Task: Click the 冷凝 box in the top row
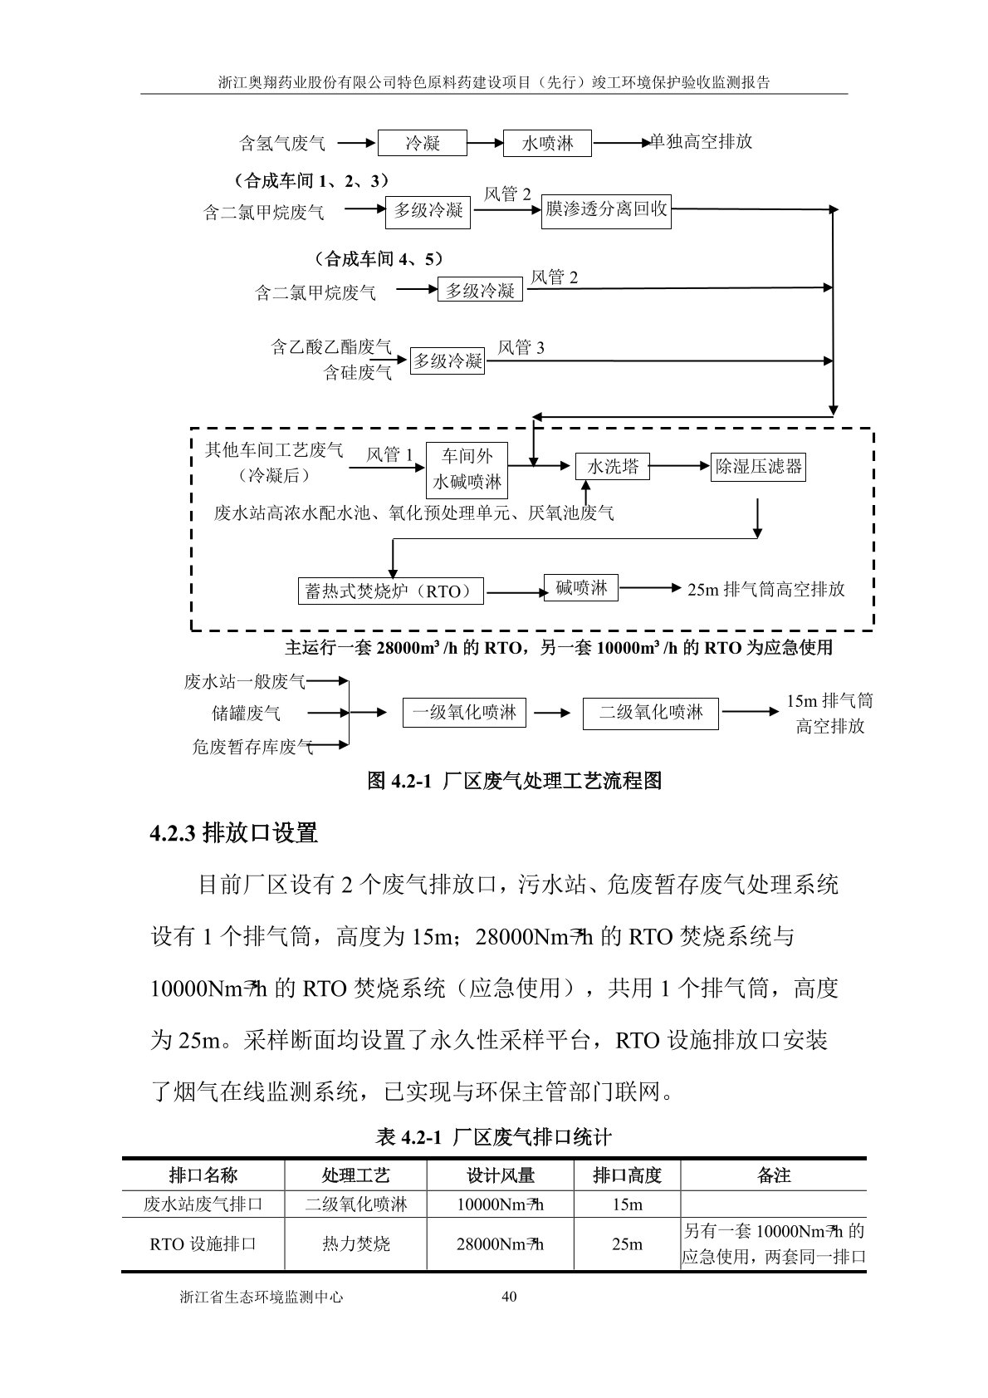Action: [423, 143]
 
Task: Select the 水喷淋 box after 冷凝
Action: [547, 143]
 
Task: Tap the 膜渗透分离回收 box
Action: [606, 210]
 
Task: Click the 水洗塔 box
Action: [613, 467]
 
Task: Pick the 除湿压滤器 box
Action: [759, 467]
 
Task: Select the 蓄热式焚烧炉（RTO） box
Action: [389, 591]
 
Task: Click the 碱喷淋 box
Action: [581, 589]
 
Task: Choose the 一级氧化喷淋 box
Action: [464, 713]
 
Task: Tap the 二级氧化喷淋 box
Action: [651, 713]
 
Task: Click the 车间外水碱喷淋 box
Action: [467, 469]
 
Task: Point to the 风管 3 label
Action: [521, 348]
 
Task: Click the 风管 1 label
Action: [389, 454]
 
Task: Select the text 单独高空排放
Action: [702, 142]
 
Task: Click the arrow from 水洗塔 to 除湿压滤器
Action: [679, 468]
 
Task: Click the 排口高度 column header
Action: [627, 1175]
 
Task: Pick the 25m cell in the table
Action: [627, 1244]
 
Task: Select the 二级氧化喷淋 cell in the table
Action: [355, 1204]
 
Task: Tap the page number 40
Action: [510, 1297]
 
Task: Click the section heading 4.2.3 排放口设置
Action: [234, 832]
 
